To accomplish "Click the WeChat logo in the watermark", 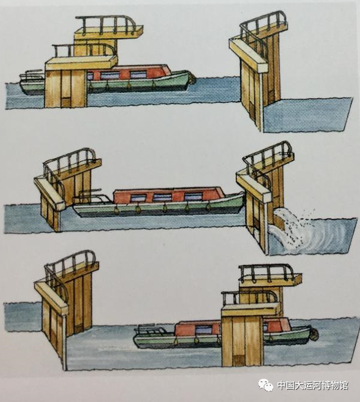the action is [266, 385].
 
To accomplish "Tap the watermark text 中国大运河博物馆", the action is [313, 385].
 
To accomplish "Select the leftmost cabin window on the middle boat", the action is [138, 198].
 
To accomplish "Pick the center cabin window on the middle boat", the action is [162, 197].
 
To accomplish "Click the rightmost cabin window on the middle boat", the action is [194, 197].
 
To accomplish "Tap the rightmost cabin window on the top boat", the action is [138, 74].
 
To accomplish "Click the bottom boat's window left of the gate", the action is [204, 329].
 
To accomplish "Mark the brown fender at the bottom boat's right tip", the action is [314, 333].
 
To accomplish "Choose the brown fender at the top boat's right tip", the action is [192, 78].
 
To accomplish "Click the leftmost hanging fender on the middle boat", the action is [116, 209].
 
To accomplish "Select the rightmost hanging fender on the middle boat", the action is [209, 207].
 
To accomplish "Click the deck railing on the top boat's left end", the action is [31, 74].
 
